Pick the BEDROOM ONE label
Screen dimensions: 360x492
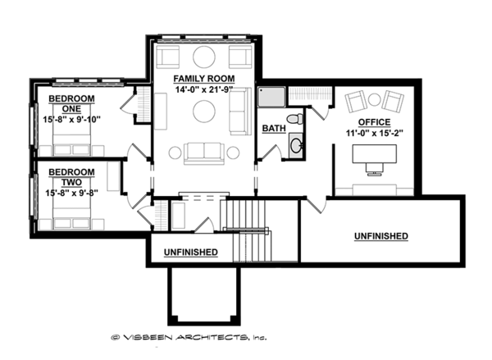tap(71, 103)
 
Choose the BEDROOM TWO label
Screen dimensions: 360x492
tap(71, 177)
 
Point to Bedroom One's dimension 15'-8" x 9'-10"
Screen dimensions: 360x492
tap(71, 118)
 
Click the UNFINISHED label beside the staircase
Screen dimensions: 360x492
tap(190, 252)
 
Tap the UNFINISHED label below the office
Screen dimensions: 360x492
tap(381, 235)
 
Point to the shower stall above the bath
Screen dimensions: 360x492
tap(271, 98)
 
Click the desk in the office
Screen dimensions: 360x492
tap(374, 153)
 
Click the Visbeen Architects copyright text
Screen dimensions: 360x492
tap(188, 337)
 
